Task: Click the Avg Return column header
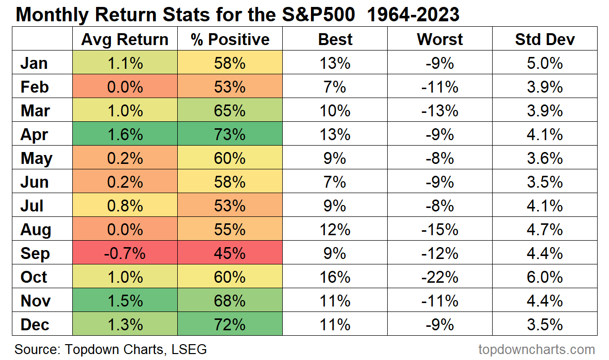point(125,40)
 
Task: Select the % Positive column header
point(230,40)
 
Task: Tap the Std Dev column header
point(545,40)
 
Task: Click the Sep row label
point(35,254)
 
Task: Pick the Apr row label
point(35,135)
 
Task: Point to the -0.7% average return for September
point(125,254)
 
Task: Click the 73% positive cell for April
point(230,135)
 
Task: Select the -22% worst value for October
point(440,277)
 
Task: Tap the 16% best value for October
point(335,277)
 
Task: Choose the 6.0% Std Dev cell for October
point(545,277)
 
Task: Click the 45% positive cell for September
point(230,254)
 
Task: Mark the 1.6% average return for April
point(125,135)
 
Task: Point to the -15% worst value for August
point(440,230)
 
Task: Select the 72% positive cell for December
point(230,325)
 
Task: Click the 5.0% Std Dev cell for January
point(545,63)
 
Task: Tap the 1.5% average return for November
point(125,301)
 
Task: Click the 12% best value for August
point(335,230)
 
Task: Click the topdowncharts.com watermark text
point(537,349)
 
